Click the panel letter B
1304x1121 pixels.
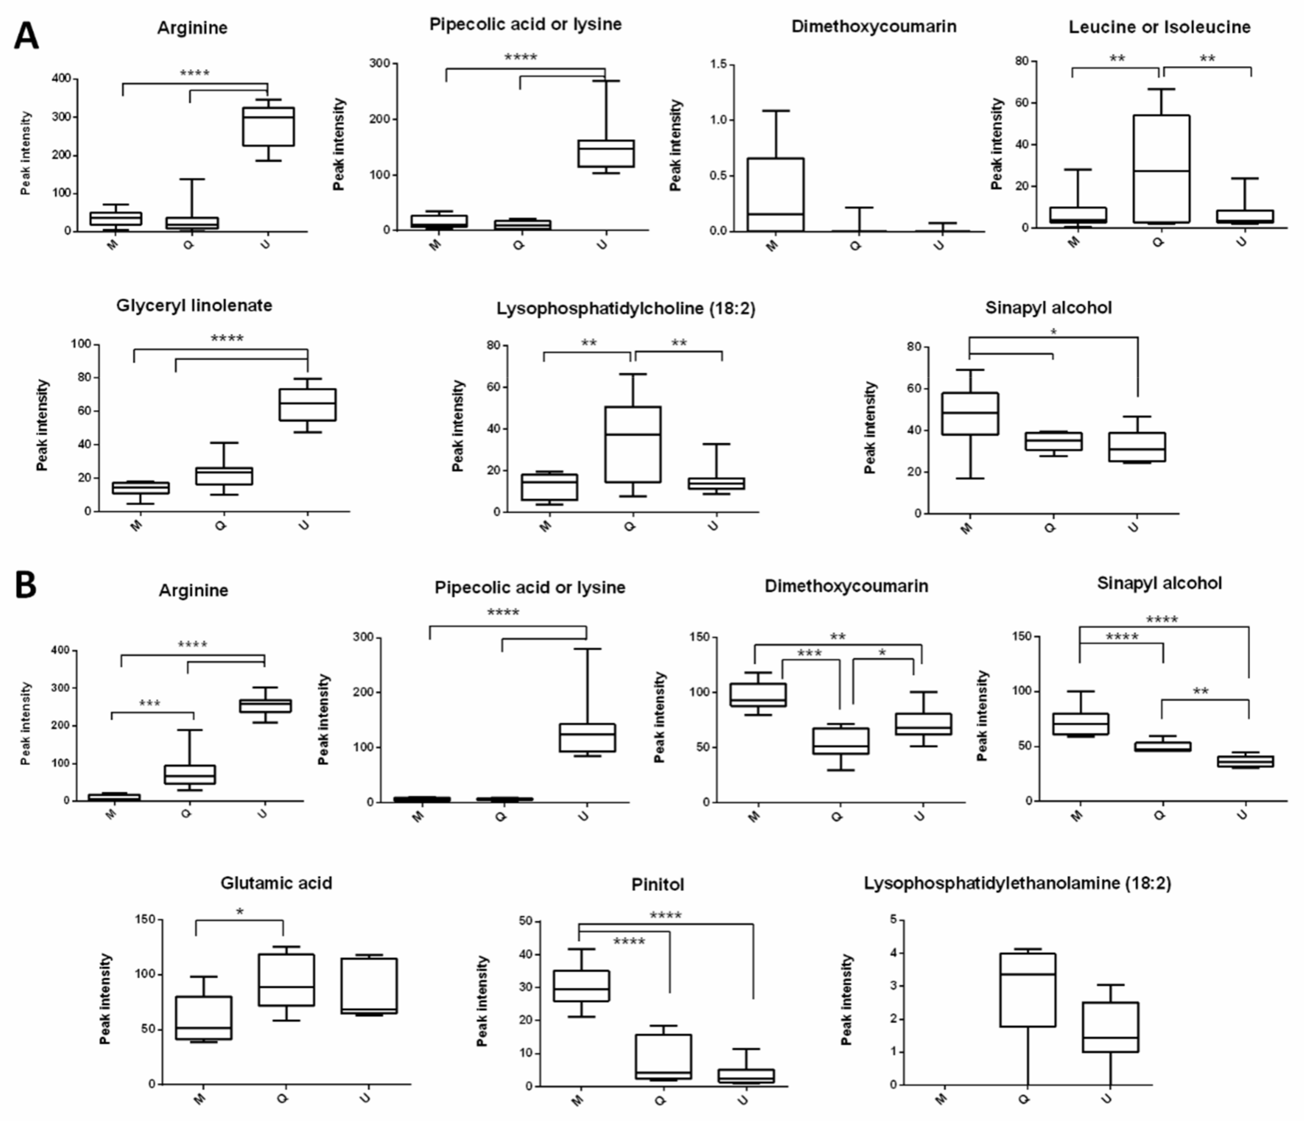coord(25,585)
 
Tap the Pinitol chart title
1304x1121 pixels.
coord(657,884)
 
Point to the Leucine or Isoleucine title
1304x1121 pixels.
coord(1159,27)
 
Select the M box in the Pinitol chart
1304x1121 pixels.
coord(581,986)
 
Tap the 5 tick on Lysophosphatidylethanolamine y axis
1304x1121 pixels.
coord(893,920)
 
